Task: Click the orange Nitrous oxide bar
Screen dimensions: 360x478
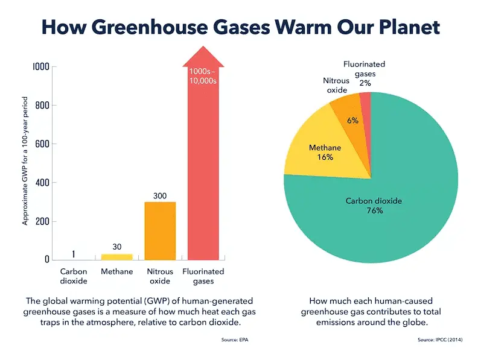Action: click(159, 230)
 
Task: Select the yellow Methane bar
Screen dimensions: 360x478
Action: click(116, 257)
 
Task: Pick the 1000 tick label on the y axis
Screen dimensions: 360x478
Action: click(38, 67)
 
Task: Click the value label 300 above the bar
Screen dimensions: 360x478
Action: click(159, 195)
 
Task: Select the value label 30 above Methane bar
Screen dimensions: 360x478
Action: click(117, 247)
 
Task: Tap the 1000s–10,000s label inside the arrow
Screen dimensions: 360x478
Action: click(203, 76)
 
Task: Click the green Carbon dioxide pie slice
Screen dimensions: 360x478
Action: click(386, 211)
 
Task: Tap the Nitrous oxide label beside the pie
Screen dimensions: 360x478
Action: click(336, 85)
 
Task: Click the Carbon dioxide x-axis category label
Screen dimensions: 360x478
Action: click(74, 276)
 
